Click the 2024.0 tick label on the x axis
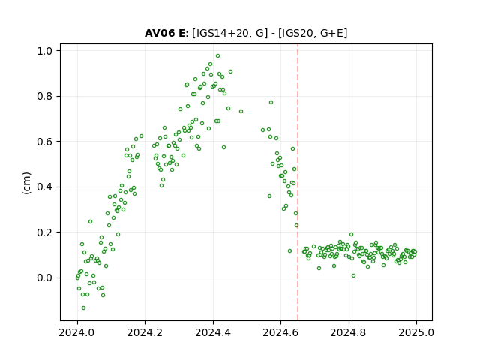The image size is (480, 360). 77,332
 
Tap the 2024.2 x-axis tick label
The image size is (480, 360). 145,332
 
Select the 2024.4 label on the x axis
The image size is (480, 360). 213,332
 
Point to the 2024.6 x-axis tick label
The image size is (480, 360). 280,332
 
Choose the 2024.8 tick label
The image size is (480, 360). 348,332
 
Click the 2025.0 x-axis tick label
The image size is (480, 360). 416,332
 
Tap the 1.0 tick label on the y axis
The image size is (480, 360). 45,51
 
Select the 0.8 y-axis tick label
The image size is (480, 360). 45,96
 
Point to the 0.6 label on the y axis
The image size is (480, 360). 45,142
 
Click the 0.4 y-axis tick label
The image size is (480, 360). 45,187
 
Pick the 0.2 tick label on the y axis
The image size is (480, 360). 45,232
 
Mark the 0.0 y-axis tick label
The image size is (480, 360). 45,277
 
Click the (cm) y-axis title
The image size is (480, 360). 26,183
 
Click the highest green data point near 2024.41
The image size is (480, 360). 217,56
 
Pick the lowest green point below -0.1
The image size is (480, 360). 83,307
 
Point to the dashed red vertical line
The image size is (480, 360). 298,182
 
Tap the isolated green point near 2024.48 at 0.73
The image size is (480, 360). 241,112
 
